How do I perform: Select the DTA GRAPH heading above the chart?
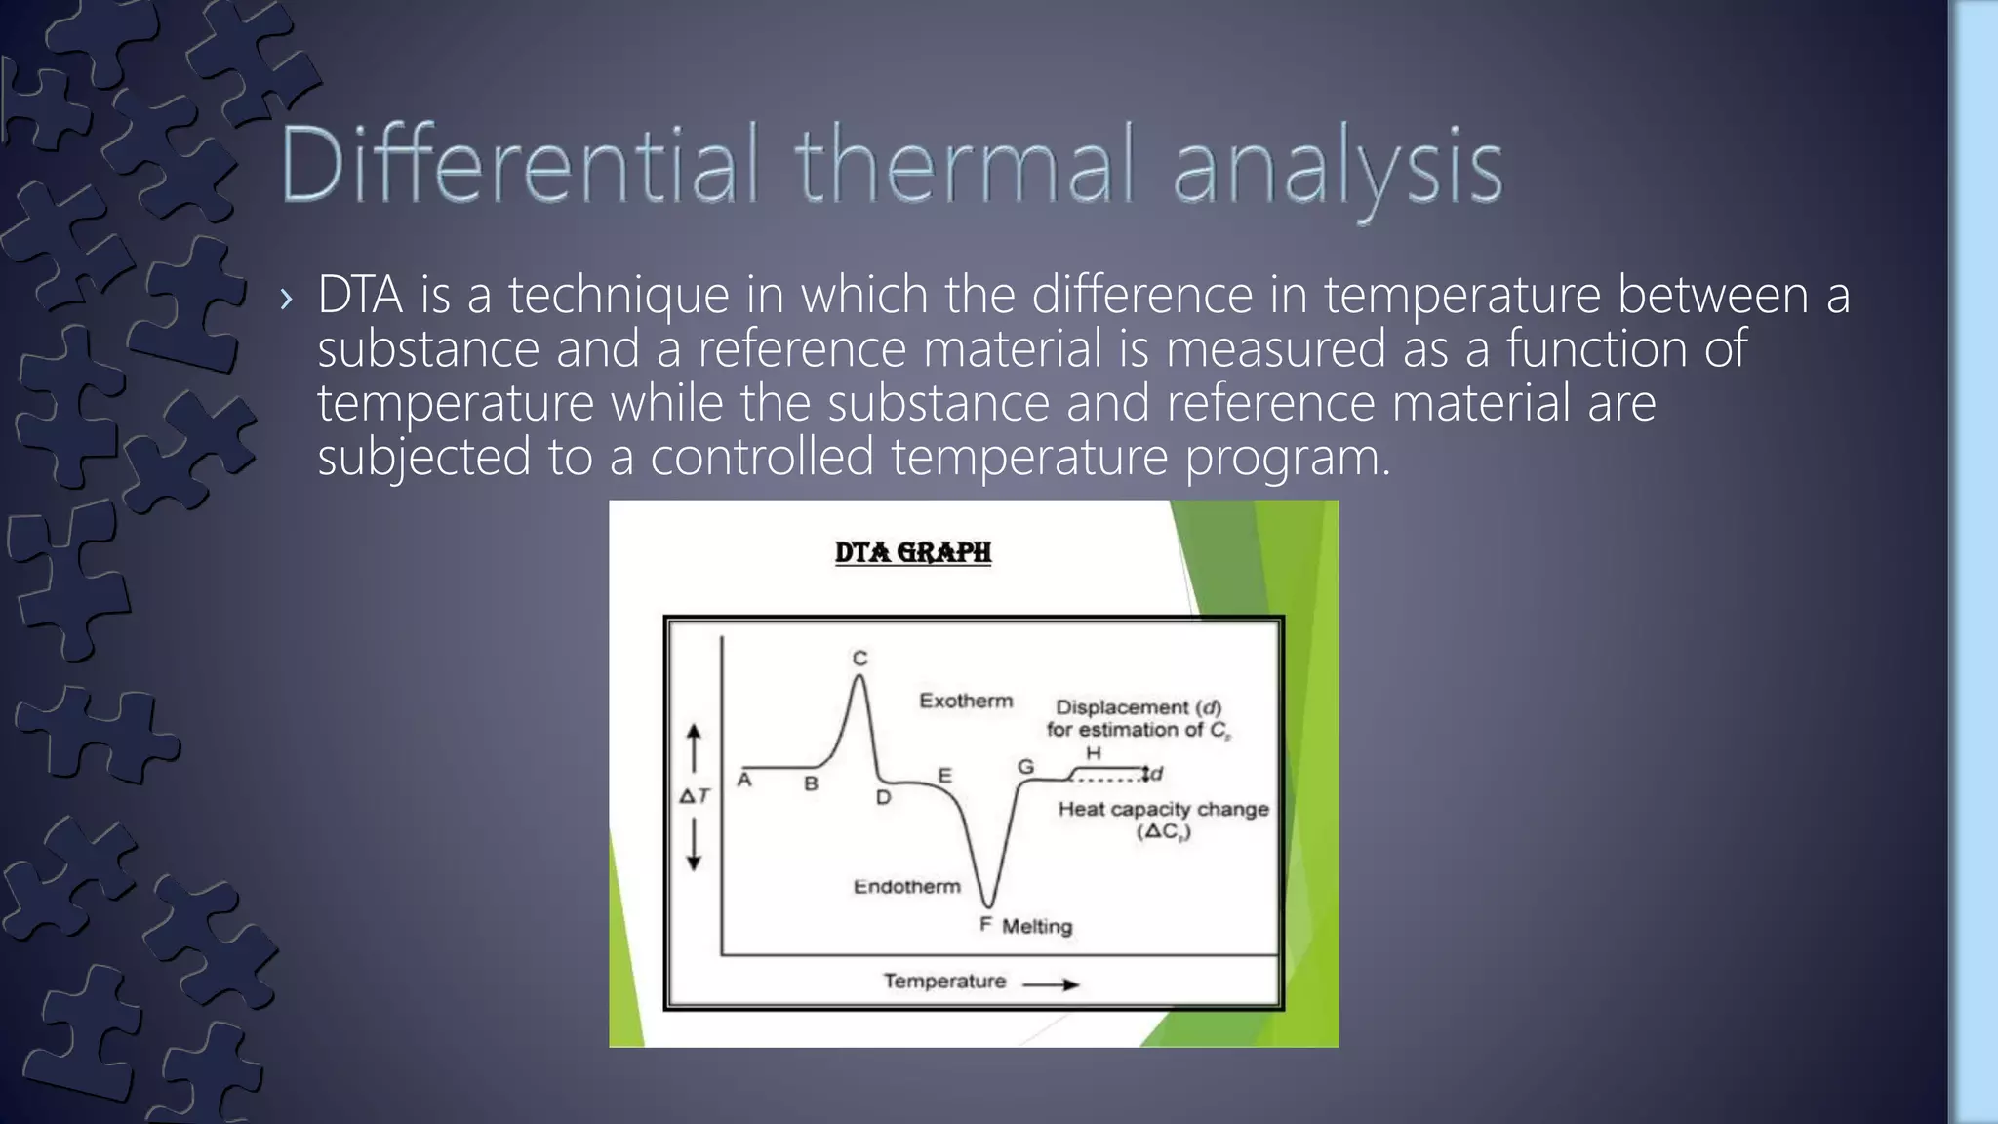click(913, 552)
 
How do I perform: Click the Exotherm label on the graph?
click(966, 701)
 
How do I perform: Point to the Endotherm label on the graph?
click(906, 886)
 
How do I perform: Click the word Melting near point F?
click(1037, 926)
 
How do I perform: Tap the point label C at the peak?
click(859, 659)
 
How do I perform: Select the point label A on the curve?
click(744, 780)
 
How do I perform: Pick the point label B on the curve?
click(811, 783)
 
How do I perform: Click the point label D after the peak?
click(883, 797)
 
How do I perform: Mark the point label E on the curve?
click(944, 776)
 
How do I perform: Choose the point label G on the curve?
click(1025, 767)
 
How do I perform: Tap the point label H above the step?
click(1094, 753)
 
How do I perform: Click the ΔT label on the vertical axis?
click(695, 796)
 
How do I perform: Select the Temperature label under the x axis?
click(944, 981)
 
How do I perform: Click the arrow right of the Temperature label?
click(1051, 984)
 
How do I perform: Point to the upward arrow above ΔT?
click(694, 747)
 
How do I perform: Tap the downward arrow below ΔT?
click(694, 845)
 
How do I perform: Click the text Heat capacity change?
click(1163, 809)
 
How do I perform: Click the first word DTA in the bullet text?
click(360, 295)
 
